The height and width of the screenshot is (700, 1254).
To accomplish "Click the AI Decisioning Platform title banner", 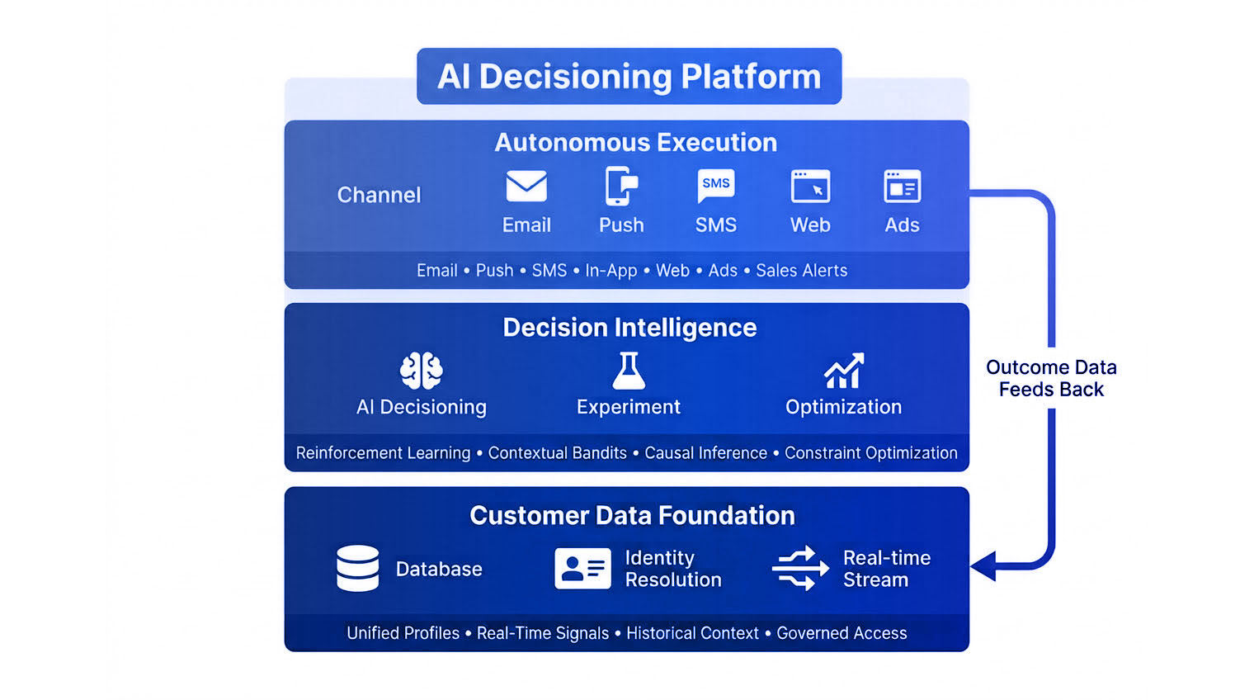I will point(629,76).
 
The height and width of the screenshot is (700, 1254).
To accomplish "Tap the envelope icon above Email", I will point(526,187).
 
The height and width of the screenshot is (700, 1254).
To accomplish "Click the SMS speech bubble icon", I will point(715,186).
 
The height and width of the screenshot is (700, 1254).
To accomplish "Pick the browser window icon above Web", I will point(810,187).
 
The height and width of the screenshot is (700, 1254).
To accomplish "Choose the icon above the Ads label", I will point(902,187).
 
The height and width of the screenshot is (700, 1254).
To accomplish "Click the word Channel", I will point(379,195).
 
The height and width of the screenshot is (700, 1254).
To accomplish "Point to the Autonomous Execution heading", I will point(635,143).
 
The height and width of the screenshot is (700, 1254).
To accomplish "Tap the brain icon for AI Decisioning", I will point(421,371).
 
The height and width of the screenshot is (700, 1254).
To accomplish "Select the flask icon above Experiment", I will point(629,371).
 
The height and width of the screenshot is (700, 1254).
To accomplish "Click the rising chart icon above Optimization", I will point(843,371).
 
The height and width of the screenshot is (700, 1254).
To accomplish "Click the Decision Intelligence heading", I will point(629,328).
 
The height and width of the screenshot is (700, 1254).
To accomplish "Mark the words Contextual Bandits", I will point(557,453).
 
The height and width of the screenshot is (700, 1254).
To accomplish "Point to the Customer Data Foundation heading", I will point(632,516).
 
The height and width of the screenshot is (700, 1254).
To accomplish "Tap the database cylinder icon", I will point(358,568).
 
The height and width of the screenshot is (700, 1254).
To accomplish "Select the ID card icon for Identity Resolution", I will point(582,568).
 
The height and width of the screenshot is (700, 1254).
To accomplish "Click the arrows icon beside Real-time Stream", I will point(799,568).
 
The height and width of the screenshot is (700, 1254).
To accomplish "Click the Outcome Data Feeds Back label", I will point(1051,378).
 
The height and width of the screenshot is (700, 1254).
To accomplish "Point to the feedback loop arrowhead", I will point(984,566).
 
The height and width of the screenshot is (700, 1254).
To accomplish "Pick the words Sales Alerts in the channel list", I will point(801,271).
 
